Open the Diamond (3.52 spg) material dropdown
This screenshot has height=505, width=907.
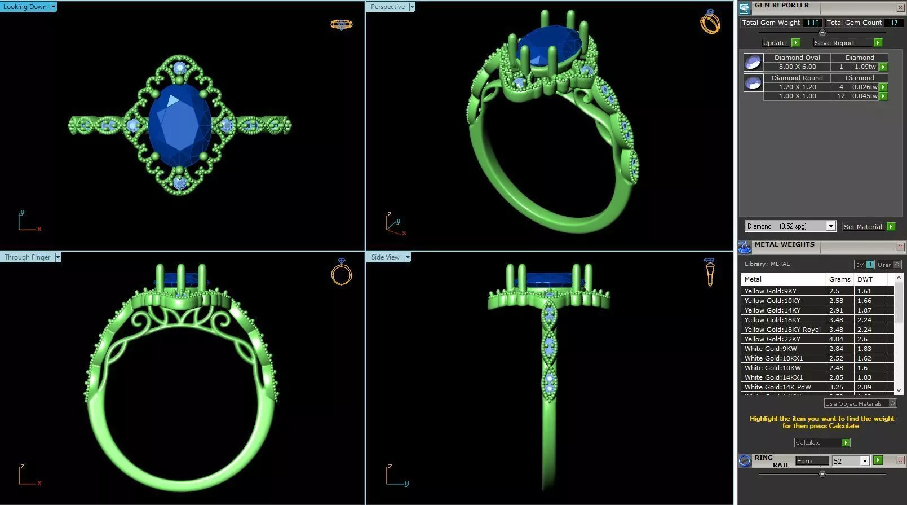(830, 226)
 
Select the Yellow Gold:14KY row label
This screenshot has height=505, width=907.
(772, 310)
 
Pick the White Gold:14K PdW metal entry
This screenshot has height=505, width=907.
(777, 387)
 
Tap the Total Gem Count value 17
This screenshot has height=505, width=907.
(894, 23)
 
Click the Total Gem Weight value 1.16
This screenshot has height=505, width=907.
(812, 23)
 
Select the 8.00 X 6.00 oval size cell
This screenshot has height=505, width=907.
(797, 67)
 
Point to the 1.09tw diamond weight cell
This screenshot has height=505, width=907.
(865, 67)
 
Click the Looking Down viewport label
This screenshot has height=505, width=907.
(25, 7)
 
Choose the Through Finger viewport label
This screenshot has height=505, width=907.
(28, 257)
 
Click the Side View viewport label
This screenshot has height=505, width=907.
(386, 257)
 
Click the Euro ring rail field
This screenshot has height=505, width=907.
(812, 461)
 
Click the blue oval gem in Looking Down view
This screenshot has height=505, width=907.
(180, 125)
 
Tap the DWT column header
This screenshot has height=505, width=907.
(865, 279)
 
